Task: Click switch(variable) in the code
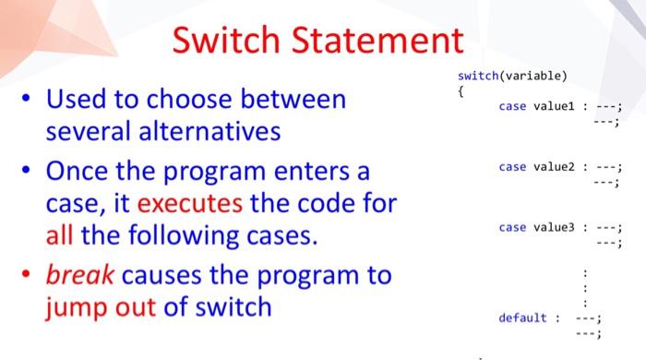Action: click(512, 76)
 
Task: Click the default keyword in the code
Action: click(522, 318)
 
